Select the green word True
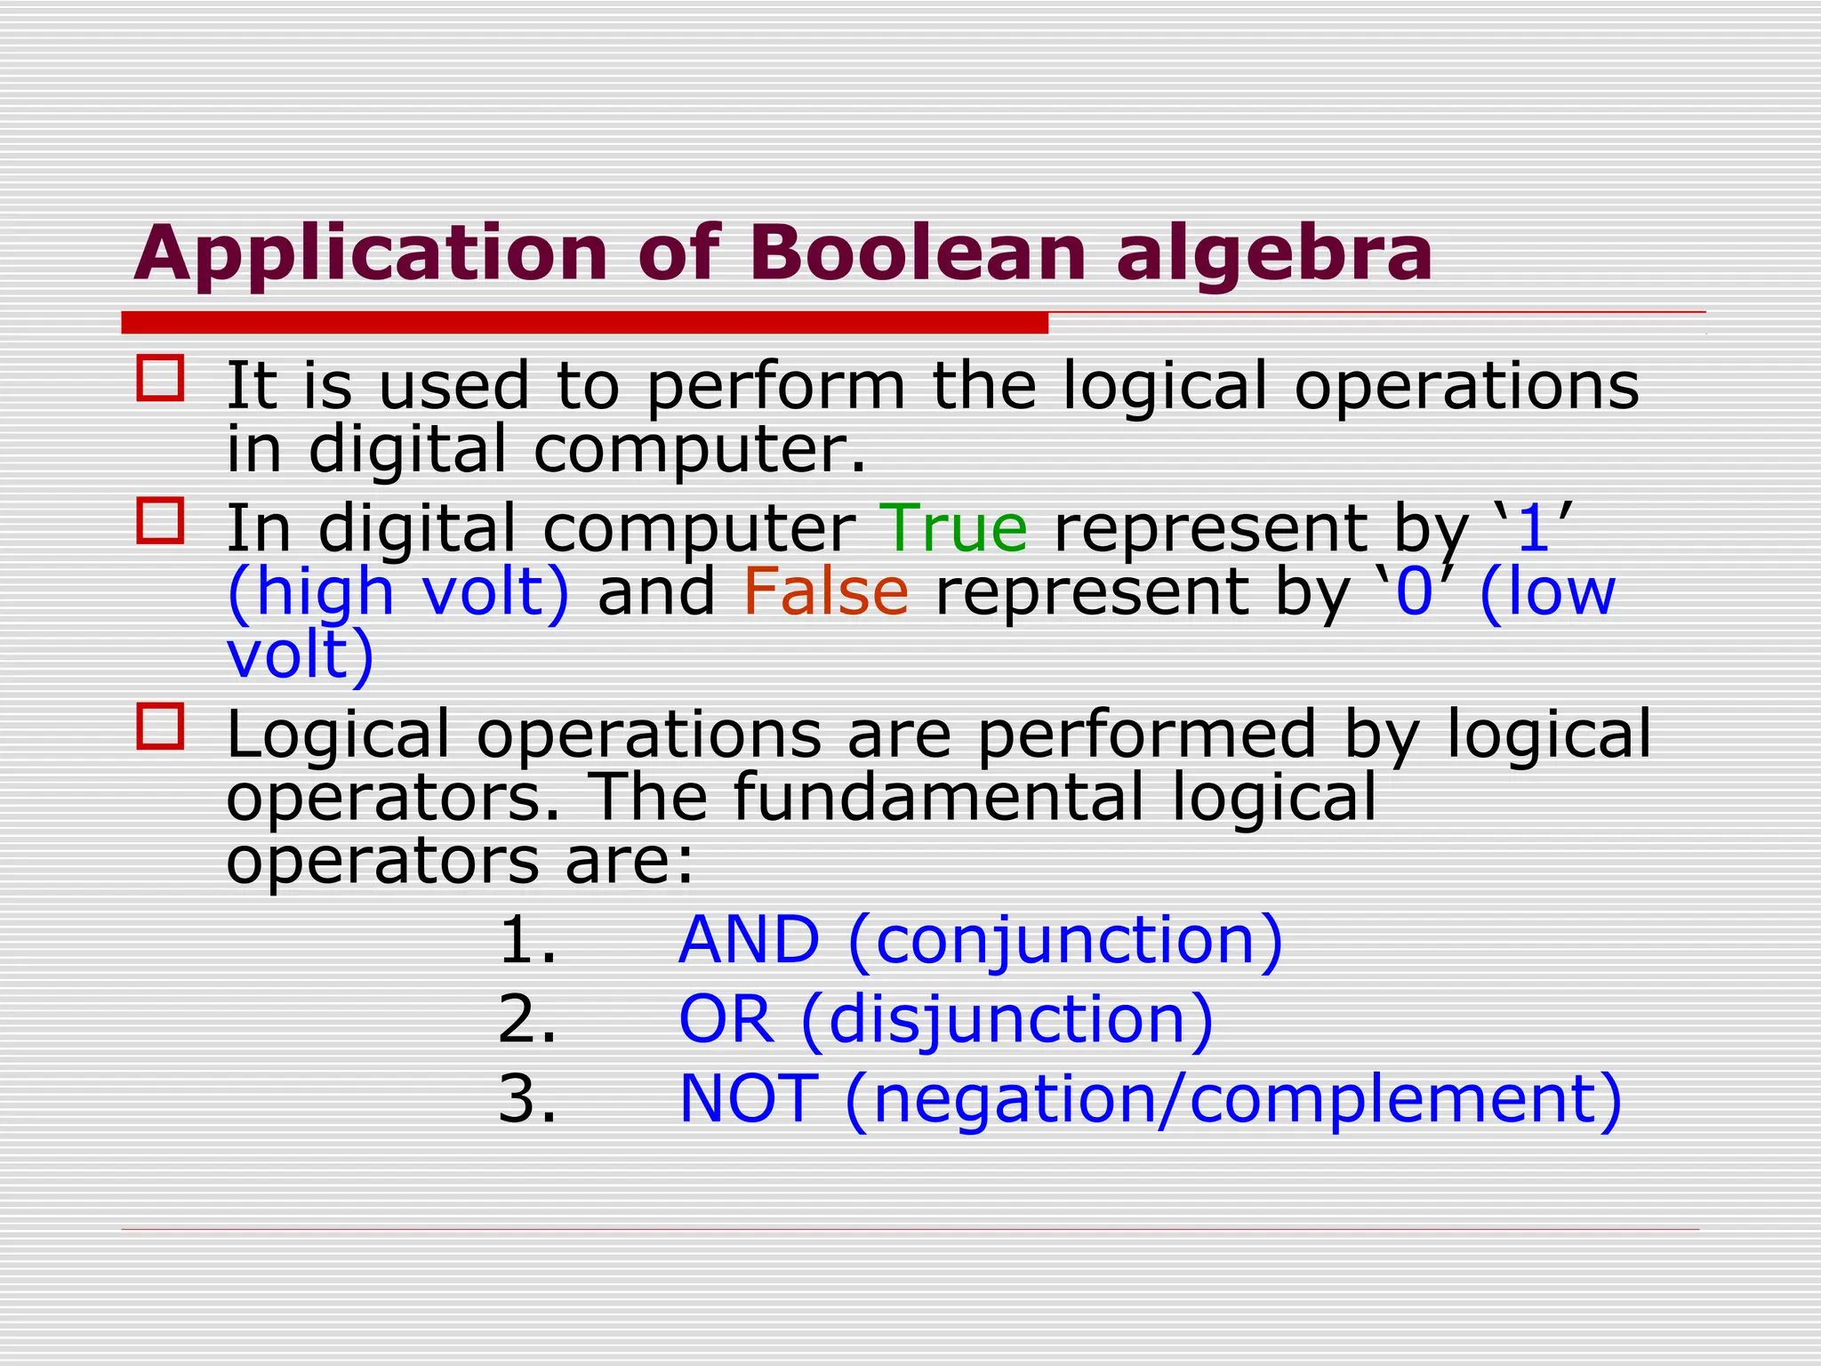point(953,528)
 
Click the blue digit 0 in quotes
point(1414,592)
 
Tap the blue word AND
point(749,940)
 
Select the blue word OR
point(726,1019)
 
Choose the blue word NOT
point(748,1098)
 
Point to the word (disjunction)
point(1007,1021)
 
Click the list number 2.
point(527,1019)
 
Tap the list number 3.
point(527,1099)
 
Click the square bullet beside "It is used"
point(161,378)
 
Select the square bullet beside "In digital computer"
point(161,520)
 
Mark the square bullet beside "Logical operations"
point(161,726)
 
